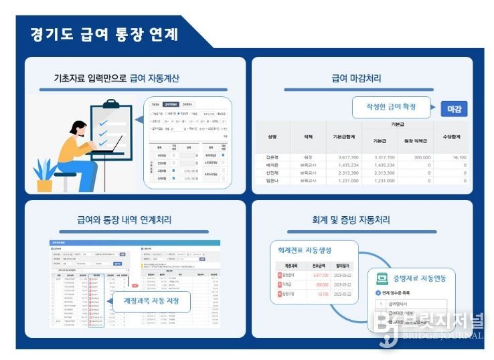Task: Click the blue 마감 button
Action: click(x=453, y=109)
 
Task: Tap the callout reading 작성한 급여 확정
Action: click(x=390, y=108)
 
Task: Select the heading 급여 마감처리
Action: click(x=356, y=78)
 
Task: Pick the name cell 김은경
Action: click(x=272, y=157)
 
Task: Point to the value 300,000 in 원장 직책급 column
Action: click(x=418, y=157)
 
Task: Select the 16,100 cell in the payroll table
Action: click(x=459, y=157)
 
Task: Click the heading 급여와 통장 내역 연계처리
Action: click(x=133, y=219)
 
